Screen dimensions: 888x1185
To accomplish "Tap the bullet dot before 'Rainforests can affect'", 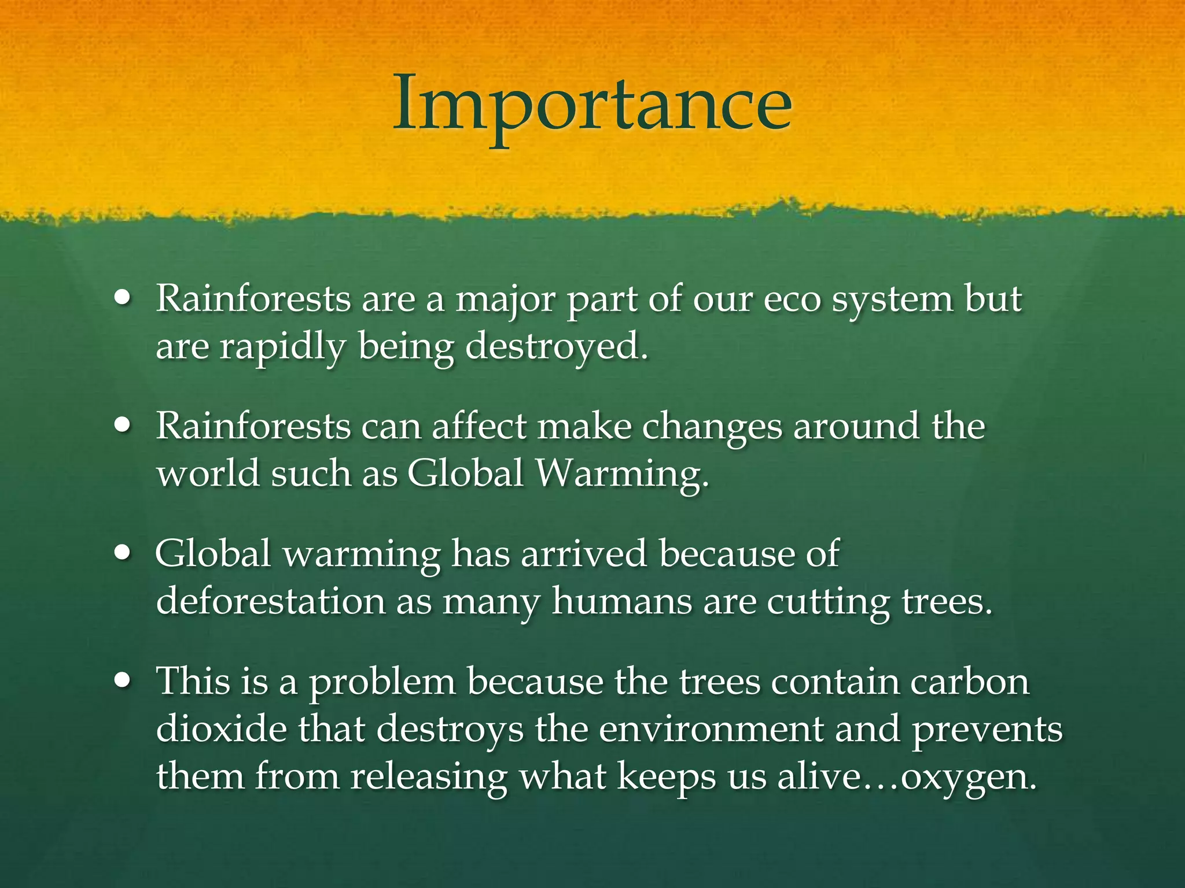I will point(123,426).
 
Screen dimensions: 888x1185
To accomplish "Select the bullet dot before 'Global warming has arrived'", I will point(123,553).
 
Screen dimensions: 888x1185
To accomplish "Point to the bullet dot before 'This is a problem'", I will point(123,680).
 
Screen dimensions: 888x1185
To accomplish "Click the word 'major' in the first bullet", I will point(505,301).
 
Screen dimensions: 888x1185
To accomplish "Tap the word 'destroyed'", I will point(556,347).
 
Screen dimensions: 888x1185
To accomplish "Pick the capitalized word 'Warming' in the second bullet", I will point(622,474).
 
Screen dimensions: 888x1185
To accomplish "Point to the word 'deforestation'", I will point(271,601).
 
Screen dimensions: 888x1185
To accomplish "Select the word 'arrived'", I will point(583,554).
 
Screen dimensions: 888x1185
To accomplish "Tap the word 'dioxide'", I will point(222,728).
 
